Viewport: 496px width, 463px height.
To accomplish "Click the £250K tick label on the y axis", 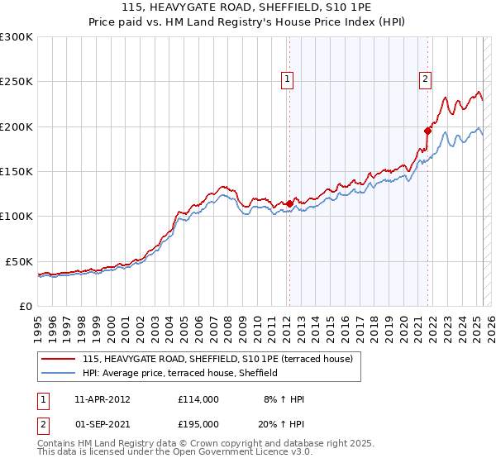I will pos(17,82).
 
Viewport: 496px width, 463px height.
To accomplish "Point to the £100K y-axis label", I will pos(17,216).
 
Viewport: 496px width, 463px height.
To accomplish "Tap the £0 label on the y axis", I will pos(26,306).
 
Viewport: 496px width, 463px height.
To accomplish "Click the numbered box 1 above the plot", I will pos(287,79).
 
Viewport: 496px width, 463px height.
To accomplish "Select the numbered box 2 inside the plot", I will pos(425,79).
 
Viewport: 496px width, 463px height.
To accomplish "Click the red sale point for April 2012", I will pos(289,203).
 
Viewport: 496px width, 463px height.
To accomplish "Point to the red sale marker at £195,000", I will pos(427,131).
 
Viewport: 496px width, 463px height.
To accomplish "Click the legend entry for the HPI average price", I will pos(179,373).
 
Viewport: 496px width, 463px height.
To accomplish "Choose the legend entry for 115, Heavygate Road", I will pos(217,359).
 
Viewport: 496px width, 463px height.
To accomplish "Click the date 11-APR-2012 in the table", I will pos(103,399).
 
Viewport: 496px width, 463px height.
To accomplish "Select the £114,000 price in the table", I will pos(198,399).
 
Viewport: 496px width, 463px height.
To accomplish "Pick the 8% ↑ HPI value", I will pos(284,399).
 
